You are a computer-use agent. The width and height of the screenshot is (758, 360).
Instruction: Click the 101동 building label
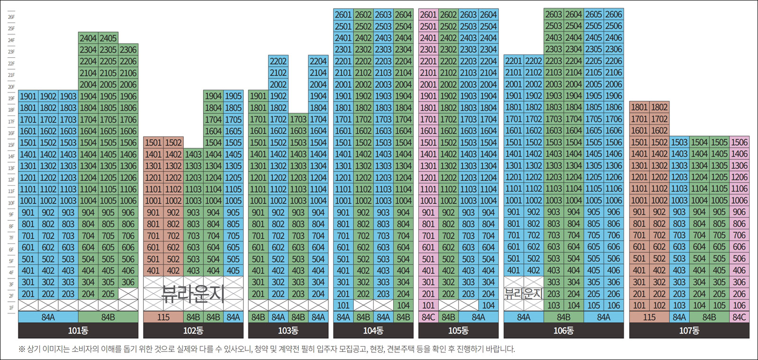tap(78, 331)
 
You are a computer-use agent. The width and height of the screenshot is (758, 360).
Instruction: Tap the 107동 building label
tap(689, 331)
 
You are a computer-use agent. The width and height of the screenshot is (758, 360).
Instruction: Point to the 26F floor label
tap(11, 17)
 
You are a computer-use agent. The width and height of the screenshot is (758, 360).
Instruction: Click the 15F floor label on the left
tap(11, 145)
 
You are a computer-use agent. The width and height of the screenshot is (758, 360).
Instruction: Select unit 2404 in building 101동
tap(88, 38)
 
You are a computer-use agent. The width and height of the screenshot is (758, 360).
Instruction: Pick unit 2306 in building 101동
tap(128, 50)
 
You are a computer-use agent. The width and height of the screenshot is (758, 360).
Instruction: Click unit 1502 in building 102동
tap(173, 143)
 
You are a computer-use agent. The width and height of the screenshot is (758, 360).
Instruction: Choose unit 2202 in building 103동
tap(278, 62)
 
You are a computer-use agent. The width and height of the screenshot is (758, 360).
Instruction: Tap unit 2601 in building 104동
tap(343, 15)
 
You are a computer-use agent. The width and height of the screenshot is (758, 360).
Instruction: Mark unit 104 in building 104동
tap(403, 306)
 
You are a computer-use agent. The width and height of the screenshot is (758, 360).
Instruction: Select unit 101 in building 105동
tap(428, 306)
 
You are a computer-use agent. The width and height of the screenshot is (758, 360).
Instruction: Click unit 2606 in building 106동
tap(614, 15)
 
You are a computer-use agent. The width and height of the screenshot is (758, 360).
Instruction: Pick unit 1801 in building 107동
tap(639, 108)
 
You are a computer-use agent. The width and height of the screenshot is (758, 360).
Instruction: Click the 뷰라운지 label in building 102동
tap(193, 294)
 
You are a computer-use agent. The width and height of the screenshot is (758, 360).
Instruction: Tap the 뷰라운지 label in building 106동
tap(523, 294)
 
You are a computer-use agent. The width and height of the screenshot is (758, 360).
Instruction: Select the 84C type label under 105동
tap(428, 317)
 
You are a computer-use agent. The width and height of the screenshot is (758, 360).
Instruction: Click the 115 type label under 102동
tap(163, 317)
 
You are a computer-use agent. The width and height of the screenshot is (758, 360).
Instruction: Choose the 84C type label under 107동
tap(739, 317)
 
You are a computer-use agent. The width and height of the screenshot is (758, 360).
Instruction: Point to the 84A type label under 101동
tap(48, 317)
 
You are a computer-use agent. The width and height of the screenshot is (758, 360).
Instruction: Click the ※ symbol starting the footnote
tap(22, 350)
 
